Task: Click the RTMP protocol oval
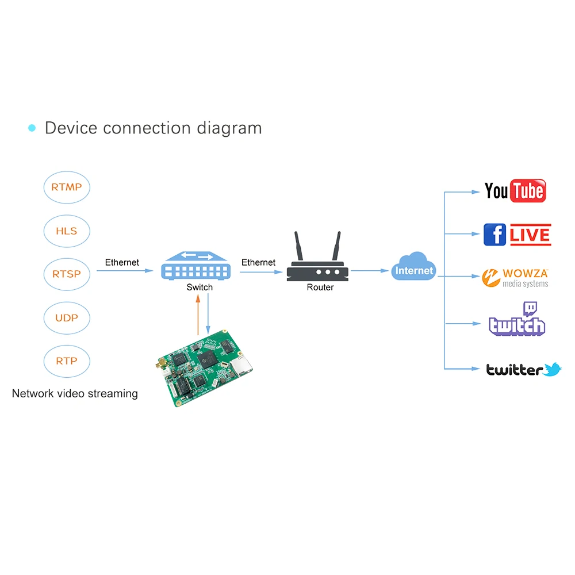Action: [67, 187]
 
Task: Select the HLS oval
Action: [67, 231]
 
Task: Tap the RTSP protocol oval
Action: [67, 274]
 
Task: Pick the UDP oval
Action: [67, 317]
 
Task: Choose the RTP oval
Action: [67, 361]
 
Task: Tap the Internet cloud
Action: [414, 268]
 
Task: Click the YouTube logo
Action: [515, 191]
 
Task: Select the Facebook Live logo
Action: [517, 235]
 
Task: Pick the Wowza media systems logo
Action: [516, 278]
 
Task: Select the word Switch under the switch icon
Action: [200, 287]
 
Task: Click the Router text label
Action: [320, 287]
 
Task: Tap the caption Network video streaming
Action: [75, 394]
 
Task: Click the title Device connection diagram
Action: [153, 128]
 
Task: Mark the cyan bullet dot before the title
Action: [32, 128]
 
